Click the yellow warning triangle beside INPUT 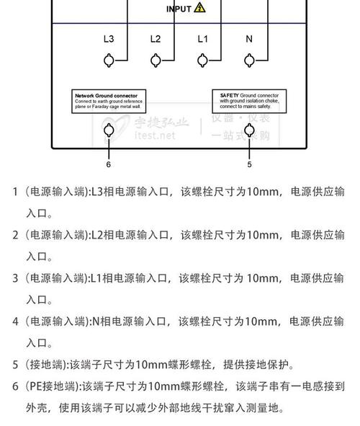tap(199, 7)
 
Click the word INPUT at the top tap(179, 9)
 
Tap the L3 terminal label tap(109, 39)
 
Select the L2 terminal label tap(156, 39)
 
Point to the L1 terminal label tap(202, 39)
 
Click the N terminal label tap(249, 39)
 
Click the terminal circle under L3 tap(109, 61)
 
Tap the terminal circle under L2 tap(156, 61)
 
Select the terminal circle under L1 tap(202, 61)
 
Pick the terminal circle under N tap(249, 61)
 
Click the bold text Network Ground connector tap(110, 95)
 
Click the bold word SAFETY tap(229, 95)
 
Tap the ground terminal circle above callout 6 tap(109, 130)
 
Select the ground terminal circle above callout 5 tap(250, 130)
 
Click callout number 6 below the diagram tap(109, 164)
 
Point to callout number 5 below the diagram tap(250, 164)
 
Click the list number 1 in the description tap(15, 192)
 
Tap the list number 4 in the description tap(15, 321)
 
